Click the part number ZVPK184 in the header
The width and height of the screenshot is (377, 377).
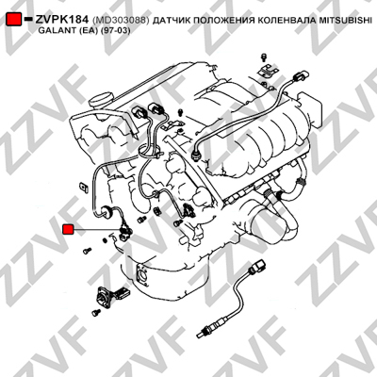tap(61, 20)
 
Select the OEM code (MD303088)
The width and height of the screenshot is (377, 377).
tap(121, 21)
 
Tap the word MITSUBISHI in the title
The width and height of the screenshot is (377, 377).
tap(345, 21)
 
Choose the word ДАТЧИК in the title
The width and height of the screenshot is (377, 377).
tap(172, 21)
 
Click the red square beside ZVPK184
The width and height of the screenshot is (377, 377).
tap(14, 19)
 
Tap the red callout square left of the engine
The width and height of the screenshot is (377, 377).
tap(68, 229)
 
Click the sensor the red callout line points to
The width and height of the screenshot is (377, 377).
tap(125, 232)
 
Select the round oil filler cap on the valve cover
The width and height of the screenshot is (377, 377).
tap(101, 99)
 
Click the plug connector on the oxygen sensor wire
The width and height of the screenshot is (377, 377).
tap(257, 265)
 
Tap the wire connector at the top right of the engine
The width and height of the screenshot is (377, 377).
tap(300, 76)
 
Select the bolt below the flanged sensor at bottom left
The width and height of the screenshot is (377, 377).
tap(96, 312)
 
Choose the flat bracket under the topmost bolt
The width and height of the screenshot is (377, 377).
tap(269, 72)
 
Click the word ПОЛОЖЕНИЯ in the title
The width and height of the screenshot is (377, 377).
tap(224, 21)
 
